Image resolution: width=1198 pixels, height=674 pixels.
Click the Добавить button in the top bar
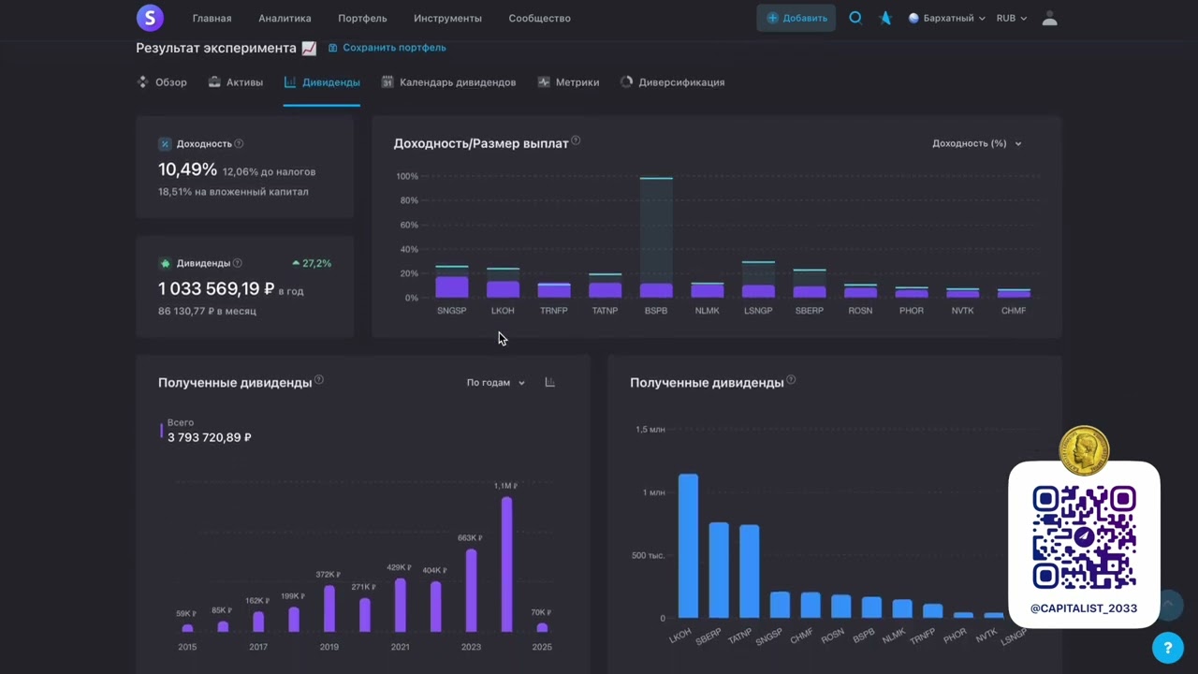coord(796,18)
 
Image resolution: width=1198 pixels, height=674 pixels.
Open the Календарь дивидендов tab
coord(448,82)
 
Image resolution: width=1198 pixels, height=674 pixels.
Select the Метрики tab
coord(568,82)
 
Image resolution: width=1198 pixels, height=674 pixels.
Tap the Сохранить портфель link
coord(387,48)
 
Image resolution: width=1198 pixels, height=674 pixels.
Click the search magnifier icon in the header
coord(855,18)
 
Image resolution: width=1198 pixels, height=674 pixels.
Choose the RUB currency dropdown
coord(1012,18)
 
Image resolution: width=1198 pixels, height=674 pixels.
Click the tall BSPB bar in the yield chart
coord(656,238)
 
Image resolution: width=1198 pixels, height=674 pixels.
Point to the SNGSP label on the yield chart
coord(451,311)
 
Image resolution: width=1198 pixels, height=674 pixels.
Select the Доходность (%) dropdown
coord(976,143)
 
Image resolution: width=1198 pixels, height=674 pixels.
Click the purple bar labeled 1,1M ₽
coord(506,564)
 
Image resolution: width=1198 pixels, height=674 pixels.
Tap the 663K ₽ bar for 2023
coord(471,591)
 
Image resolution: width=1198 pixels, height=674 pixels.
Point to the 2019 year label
coord(329,647)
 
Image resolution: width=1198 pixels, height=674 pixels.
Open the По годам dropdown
coord(496,383)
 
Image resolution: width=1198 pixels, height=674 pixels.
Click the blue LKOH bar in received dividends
coord(688,546)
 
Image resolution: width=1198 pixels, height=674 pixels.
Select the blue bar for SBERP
coord(719,570)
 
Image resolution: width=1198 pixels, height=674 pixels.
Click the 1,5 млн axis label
coord(650,430)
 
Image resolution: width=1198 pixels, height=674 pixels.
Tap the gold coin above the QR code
coord(1084,450)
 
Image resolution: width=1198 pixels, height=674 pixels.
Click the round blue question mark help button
coord(1167,648)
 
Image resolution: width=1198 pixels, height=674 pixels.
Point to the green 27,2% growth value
coord(312,263)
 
